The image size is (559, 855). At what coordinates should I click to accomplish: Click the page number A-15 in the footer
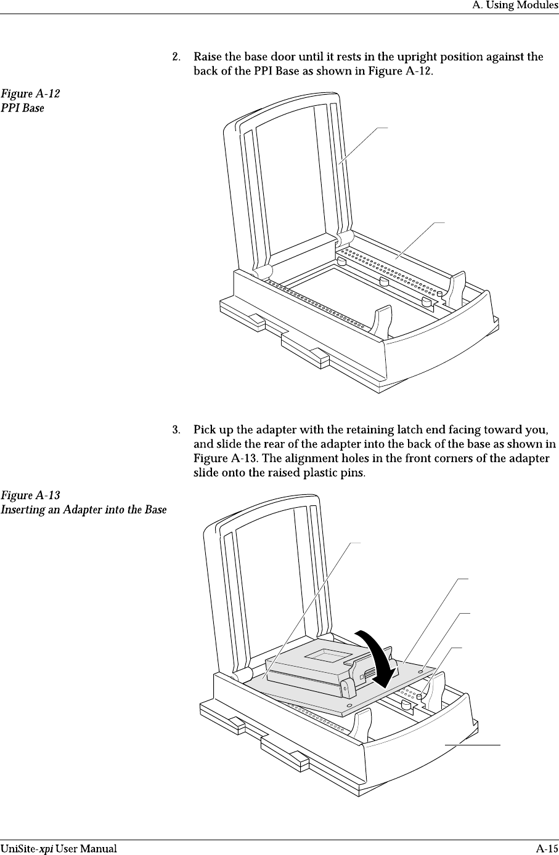[x=547, y=848]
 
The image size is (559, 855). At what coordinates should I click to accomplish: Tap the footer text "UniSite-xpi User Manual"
[x=59, y=848]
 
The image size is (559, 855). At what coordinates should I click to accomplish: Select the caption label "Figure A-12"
[x=30, y=95]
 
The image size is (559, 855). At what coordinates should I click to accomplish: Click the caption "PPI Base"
[x=22, y=108]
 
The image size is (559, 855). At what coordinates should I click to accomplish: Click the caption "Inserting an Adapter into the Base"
[x=83, y=510]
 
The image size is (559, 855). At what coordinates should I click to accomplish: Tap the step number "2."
[x=176, y=57]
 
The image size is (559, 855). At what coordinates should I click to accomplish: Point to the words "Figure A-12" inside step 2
[x=399, y=71]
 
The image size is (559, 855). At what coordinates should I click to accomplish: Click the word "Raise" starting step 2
[x=207, y=57]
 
